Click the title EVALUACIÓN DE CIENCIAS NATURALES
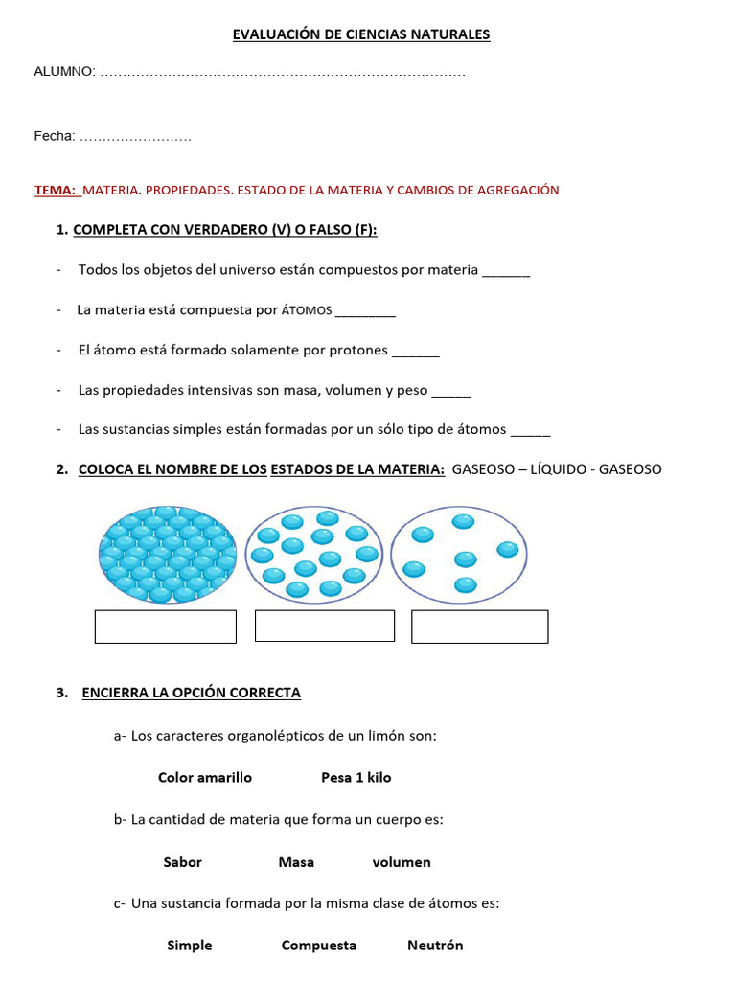pyautogui.click(x=361, y=34)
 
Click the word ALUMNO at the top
pyautogui.click(x=64, y=72)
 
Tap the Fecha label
pyautogui.click(x=55, y=137)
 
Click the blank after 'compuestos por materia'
pyautogui.click(x=506, y=271)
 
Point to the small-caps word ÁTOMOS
pyautogui.click(x=307, y=310)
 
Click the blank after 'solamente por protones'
pyautogui.click(x=416, y=352)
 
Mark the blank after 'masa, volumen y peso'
pyautogui.click(x=451, y=392)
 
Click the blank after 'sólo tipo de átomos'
pyautogui.click(x=531, y=431)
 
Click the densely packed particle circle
pyautogui.click(x=167, y=555)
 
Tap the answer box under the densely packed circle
pyautogui.click(x=166, y=627)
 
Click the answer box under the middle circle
pyautogui.click(x=325, y=626)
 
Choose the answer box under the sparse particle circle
pyautogui.click(x=480, y=627)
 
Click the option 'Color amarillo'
pyautogui.click(x=205, y=778)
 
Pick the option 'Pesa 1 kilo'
pyautogui.click(x=356, y=778)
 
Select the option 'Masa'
pyautogui.click(x=296, y=862)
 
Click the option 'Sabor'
pyautogui.click(x=183, y=862)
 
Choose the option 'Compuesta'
pyautogui.click(x=319, y=946)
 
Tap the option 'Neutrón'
pyautogui.click(x=435, y=946)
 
